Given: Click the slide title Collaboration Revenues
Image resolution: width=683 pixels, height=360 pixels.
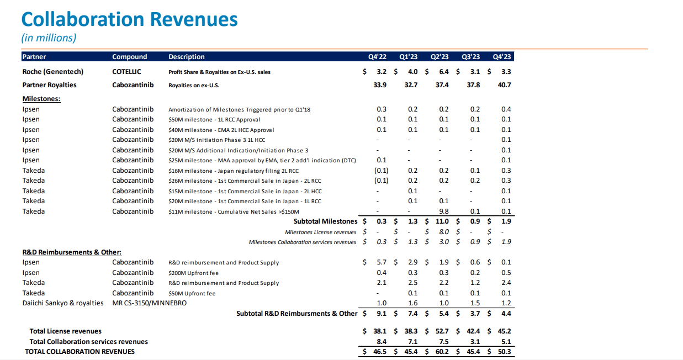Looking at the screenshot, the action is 129,19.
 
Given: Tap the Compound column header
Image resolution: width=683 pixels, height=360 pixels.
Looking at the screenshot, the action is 129,57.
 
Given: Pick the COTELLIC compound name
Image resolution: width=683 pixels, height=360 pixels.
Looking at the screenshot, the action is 126,72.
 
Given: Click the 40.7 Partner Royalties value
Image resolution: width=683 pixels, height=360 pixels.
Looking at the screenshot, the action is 504,85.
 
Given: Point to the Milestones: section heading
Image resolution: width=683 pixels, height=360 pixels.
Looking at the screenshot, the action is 41,98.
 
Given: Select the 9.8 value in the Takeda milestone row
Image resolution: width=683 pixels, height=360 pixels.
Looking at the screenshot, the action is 443,211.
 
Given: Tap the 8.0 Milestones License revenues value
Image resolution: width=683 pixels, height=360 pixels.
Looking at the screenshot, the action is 443,232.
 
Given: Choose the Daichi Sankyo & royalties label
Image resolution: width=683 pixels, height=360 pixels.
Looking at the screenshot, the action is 63,303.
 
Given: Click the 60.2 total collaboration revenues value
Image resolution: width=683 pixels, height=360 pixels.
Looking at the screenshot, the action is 441,352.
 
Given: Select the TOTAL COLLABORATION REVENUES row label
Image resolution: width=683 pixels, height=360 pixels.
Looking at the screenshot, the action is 80,352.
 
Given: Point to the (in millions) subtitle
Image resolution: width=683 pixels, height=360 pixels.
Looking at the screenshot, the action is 49,38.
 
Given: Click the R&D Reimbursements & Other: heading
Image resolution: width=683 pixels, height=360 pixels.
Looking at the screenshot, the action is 72,252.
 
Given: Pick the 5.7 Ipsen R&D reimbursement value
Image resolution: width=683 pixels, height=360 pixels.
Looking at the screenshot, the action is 380,262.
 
